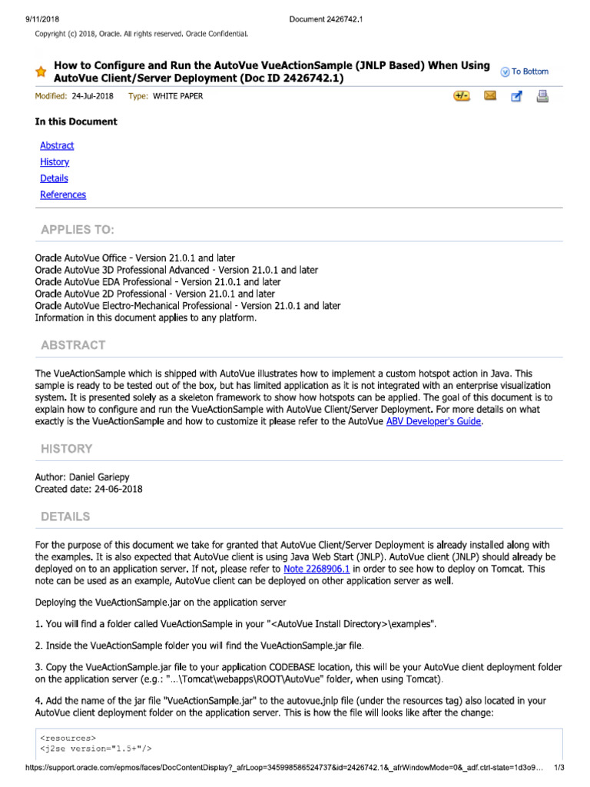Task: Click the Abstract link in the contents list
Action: click(57, 145)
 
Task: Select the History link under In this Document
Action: click(55, 162)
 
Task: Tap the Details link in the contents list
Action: click(54, 178)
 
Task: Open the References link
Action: click(63, 194)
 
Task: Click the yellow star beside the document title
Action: click(41, 72)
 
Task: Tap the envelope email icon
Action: click(490, 96)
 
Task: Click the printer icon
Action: click(542, 96)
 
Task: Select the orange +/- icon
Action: click(462, 96)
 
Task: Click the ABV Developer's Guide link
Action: click(433, 421)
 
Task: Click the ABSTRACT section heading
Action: click(73, 345)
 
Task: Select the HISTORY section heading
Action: click(67, 448)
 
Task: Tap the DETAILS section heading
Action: click(65, 516)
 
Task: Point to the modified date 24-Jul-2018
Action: click(91, 97)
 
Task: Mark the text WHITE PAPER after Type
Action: click(178, 97)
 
